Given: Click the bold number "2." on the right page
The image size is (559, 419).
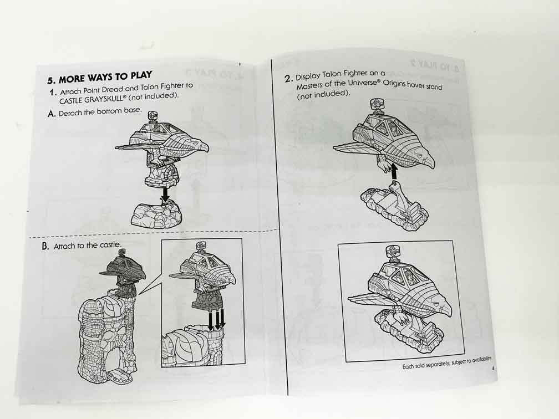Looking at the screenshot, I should tap(288, 79).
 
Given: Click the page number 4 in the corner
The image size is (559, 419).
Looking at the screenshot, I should tap(491, 370).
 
